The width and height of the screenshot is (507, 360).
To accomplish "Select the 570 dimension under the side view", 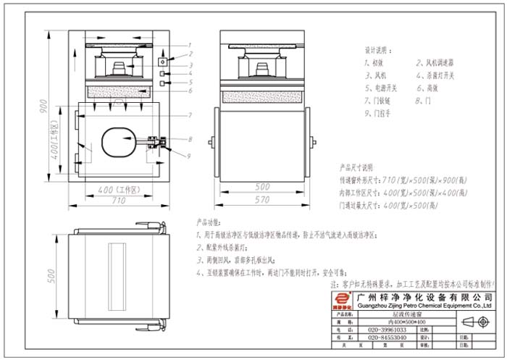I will (x=261, y=198).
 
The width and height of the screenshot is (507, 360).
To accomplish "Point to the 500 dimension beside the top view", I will (x=50, y=275).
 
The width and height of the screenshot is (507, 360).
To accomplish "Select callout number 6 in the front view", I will (x=190, y=91).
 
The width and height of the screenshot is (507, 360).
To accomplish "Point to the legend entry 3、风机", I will (x=377, y=75).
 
